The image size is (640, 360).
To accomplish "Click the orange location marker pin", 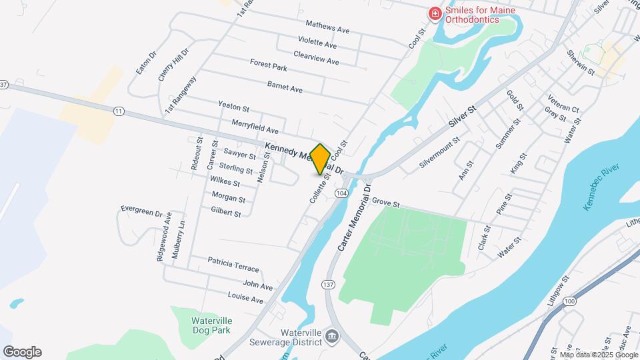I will pyautogui.click(x=320, y=159).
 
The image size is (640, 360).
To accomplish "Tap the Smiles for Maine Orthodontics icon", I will pyautogui.click(x=435, y=13).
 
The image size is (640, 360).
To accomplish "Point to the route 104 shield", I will pyautogui.click(x=341, y=193).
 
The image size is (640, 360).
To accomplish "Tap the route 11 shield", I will pyautogui.click(x=119, y=111).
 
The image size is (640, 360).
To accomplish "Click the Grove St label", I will pyautogui.click(x=385, y=202).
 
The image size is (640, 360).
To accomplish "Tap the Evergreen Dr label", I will pyautogui.click(x=141, y=210).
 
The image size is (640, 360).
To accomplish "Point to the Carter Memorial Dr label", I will pyautogui.click(x=353, y=218).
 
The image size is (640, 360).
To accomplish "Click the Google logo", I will pyautogui.click(x=22, y=352).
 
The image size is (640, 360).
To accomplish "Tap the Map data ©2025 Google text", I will pyautogui.click(x=599, y=355).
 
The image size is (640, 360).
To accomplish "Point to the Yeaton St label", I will pyautogui.click(x=233, y=107).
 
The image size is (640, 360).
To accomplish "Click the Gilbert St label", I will pyautogui.click(x=225, y=212).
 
